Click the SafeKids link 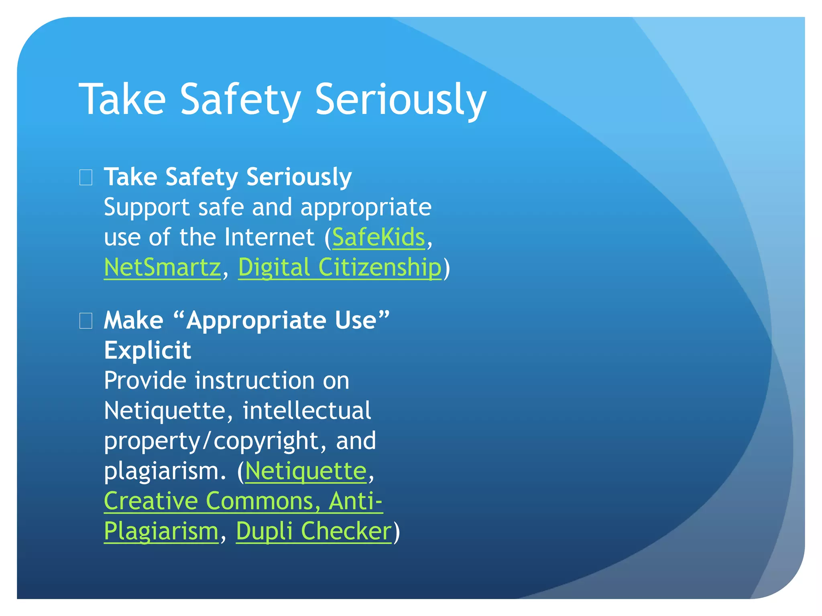click(x=378, y=237)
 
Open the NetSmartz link click(x=162, y=267)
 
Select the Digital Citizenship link click(x=340, y=267)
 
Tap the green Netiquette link click(x=306, y=471)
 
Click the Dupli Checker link click(x=313, y=531)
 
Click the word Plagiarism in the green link click(x=161, y=531)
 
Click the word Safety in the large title click(x=240, y=99)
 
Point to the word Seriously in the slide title click(x=400, y=99)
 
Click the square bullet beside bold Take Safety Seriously click(x=86, y=177)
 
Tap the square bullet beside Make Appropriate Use click(x=86, y=321)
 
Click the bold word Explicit click(x=147, y=351)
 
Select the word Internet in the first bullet click(x=269, y=237)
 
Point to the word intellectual click(x=307, y=411)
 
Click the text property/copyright click(x=211, y=441)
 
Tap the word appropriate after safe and click(x=366, y=207)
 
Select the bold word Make click(x=133, y=321)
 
